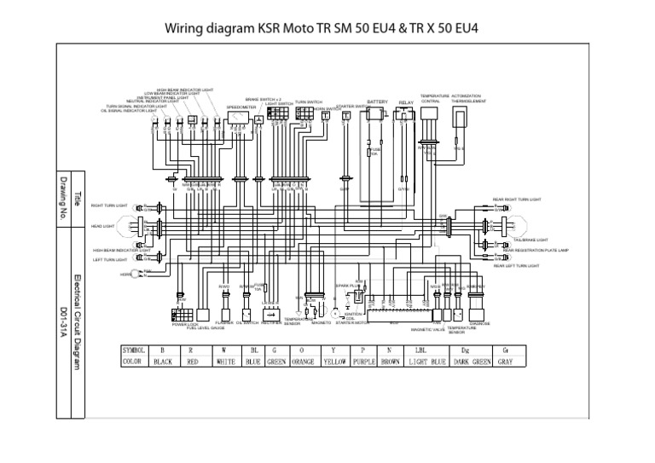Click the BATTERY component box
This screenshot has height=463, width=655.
375,114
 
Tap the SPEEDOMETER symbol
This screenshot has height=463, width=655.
235,120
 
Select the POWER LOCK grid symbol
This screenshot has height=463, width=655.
185,313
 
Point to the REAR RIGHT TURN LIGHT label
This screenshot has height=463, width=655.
516,199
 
